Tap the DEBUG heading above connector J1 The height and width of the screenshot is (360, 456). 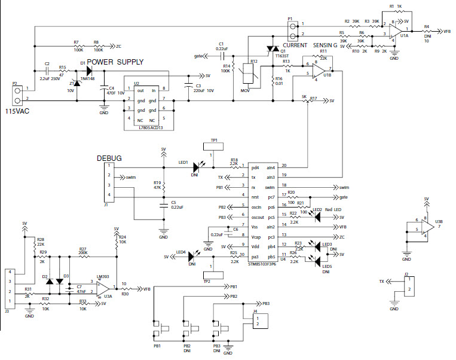(109, 158)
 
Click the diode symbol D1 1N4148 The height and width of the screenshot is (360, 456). (89, 69)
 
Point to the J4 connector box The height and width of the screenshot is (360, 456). (259, 321)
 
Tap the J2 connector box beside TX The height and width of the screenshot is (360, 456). (407, 285)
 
